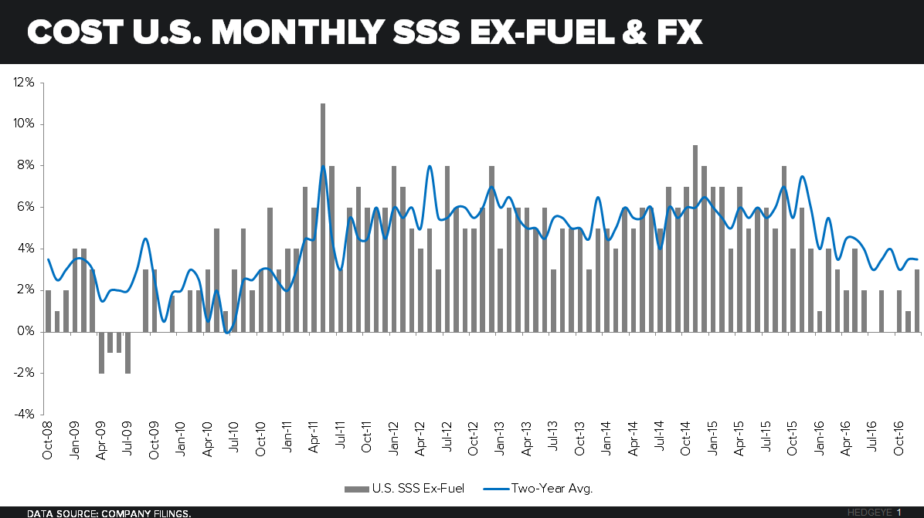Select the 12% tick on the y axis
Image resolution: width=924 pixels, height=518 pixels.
pyautogui.click(x=23, y=83)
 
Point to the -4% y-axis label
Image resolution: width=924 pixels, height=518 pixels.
pyautogui.click(x=22, y=415)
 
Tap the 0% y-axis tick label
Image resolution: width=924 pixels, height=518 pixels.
pyautogui.click(x=25, y=332)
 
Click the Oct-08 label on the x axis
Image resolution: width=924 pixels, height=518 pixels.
pyautogui.click(x=48, y=440)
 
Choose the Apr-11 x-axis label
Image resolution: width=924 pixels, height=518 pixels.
pyautogui.click(x=314, y=440)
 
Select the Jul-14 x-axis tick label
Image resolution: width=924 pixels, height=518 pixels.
pyautogui.click(x=660, y=440)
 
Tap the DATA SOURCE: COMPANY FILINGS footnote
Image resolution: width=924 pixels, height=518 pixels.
pyautogui.click(x=109, y=513)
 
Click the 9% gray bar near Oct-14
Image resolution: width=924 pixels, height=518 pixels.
pyautogui.click(x=695, y=239)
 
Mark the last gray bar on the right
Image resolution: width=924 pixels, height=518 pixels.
pyautogui.click(x=917, y=301)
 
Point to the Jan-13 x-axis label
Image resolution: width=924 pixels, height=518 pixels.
pyautogui.click(x=500, y=440)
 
